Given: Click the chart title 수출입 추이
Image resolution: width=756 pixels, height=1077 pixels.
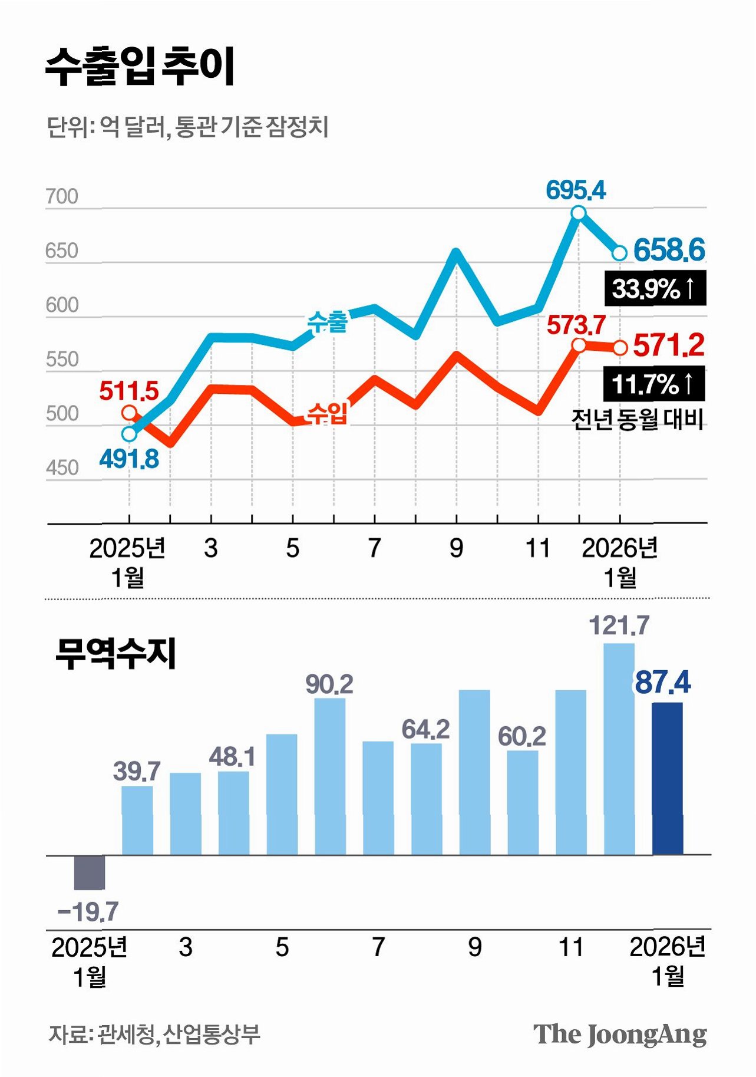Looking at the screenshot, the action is [x=140, y=67].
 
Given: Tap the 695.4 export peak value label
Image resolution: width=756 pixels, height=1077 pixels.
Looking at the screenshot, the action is [x=576, y=190].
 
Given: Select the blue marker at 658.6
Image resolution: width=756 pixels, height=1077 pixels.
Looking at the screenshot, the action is [x=619, y=253].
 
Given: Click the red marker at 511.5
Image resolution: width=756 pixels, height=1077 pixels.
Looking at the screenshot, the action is [x=130, y=413].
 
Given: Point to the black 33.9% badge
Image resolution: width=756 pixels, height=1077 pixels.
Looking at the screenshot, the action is [x=655, y=289].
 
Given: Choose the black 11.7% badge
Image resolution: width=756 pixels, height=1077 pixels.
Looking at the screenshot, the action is [x=654, y=384].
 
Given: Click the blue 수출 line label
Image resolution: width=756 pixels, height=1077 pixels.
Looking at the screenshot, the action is [x=328, y=322].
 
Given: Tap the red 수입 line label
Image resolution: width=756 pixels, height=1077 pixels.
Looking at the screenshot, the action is [x=328, y=413].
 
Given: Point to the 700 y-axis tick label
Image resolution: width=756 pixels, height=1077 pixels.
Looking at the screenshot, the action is [x=62, y=196].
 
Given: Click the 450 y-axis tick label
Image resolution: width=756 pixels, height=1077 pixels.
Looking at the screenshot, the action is [x=62, y=468].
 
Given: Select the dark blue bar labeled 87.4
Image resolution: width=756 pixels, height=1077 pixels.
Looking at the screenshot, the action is [x=668, y=778].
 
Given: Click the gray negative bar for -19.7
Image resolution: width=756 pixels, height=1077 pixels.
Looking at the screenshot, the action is [x=90, y=872].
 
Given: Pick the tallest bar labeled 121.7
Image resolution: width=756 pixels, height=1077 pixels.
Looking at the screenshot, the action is [x=619, y=749].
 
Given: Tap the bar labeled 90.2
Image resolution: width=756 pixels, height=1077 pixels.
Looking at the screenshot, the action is [x=330, y=776].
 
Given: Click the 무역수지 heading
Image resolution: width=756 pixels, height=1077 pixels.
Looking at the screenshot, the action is [x=115, y=654].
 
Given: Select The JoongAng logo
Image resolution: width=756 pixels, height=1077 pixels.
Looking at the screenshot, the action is [x=620, y=1035].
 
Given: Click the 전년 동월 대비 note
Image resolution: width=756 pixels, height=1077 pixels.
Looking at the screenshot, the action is [x=638, y=419].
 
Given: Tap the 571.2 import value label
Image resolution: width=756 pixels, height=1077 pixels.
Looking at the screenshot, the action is [x=669, y=345].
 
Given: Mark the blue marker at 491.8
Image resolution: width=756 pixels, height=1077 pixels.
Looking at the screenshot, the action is [x=130, y=434].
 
